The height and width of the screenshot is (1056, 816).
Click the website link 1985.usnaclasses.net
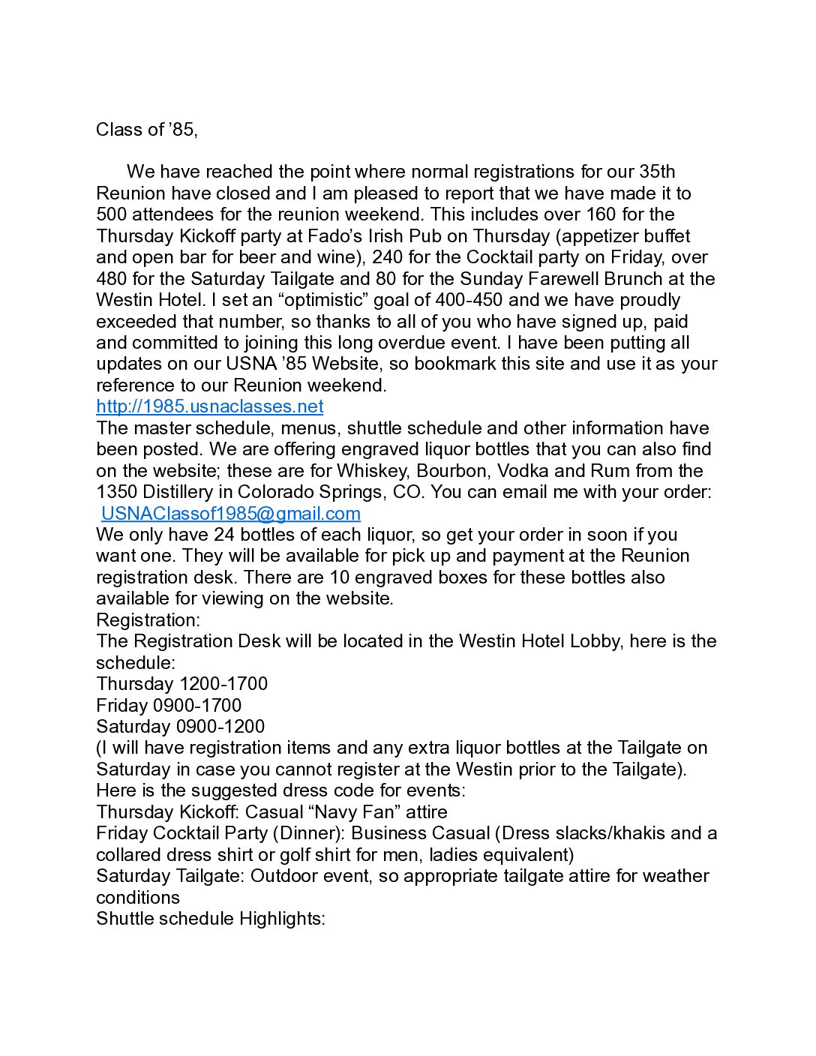pyautogui.click(x=209, y=406)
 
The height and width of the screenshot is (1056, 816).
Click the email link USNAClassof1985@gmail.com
pyautogui.click(x=230, y=513)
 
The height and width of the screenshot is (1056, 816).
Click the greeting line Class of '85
pyautogui.click(x=146, y=130)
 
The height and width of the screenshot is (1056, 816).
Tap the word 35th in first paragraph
pyautogui.click(x=657, y=172)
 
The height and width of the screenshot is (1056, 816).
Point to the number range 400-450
pyautogui.click(x=469, y=300)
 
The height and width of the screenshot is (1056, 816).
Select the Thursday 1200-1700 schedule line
pyautogui.click(x=181, y=684)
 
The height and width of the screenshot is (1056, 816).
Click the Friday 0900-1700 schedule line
pyautogui.click(x=169, y=706)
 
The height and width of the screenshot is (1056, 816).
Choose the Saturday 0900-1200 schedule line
pyautogui.click(x=180, y=727)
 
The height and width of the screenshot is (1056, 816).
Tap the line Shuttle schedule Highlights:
pyautogui.click(x=210, y=919)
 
